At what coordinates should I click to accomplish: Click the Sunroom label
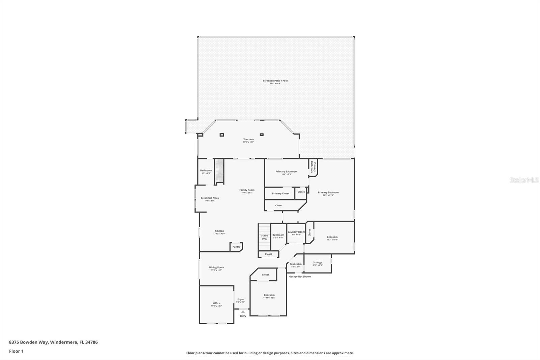click(248, 139)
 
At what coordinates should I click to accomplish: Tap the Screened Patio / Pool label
click(275, 81)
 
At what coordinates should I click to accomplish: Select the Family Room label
click(247, 190)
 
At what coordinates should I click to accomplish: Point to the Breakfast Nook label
click(210, 198)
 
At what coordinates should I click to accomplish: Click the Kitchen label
click(219, 231)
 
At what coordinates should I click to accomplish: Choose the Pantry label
click(236, 247)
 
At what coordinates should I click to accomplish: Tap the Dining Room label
click(216, 267)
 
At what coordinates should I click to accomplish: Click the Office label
click(216, 303)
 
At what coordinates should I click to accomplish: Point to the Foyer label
click(240, 300)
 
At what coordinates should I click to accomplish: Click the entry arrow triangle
click(243, 312)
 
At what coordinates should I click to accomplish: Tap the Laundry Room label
click(296, 232)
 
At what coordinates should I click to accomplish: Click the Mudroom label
click(296, 264)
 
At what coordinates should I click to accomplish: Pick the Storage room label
click(317, 262)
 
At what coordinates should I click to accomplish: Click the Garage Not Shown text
click(300, 277)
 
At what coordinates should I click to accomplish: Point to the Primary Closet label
click(280, 194)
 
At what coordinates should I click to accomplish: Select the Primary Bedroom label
click(328, 192)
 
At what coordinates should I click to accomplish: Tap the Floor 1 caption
click(16, 351)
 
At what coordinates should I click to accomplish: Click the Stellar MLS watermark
click(524, 180)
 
